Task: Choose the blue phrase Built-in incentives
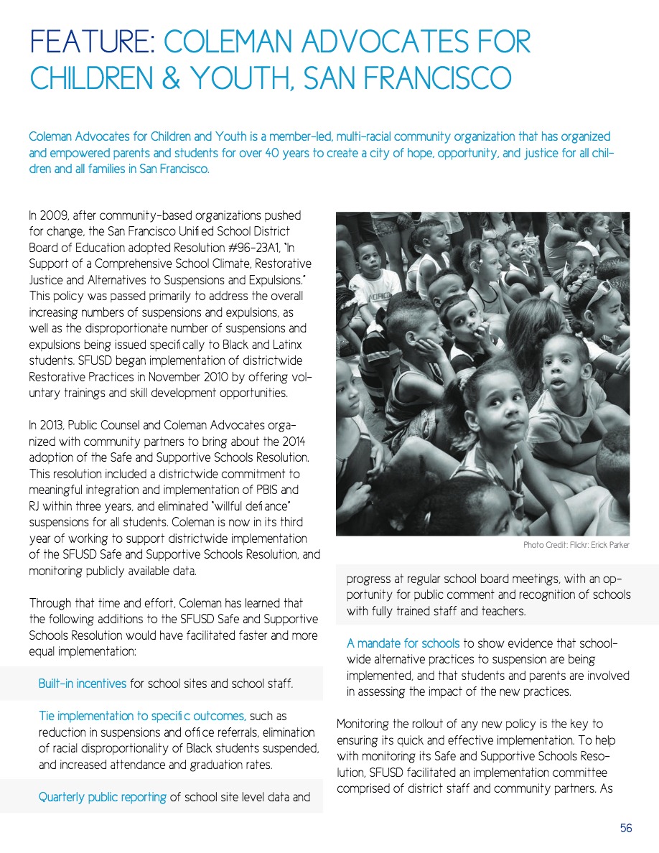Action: coord(83,684)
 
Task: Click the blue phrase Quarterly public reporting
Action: coord(102,796)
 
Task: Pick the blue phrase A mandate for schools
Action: coord(403,643)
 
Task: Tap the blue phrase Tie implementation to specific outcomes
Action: coord(141,717)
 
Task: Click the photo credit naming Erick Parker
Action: coord(576,546)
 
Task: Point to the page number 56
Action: coord(626,829)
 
